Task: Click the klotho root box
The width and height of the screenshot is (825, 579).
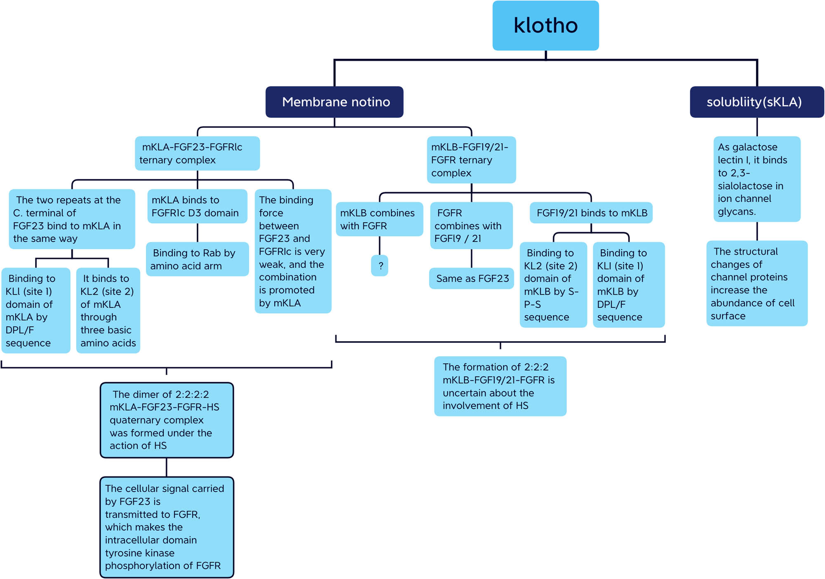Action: point(545,26)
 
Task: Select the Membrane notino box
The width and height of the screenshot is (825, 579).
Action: point(334,102)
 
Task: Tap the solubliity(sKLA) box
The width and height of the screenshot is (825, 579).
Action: point(757,102)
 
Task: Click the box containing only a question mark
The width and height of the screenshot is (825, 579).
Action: point(379,266)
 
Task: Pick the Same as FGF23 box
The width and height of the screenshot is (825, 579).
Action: point(471,279)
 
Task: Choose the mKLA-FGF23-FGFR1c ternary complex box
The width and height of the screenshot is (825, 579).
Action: point(197,153)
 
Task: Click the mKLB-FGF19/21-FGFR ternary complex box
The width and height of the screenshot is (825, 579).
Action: point(471,160)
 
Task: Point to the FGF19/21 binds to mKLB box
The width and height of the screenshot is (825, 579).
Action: point(591,213)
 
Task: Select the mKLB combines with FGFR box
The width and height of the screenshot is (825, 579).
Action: point(379,219)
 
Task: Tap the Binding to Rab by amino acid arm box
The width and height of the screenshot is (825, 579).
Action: point(197,259)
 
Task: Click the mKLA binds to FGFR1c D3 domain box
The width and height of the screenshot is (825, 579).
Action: point(197,206)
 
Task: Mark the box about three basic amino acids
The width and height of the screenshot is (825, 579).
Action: point(108,310)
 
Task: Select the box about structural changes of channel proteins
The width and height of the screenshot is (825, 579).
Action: point(757,284)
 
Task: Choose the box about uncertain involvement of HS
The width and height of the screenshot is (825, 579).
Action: point(500,386)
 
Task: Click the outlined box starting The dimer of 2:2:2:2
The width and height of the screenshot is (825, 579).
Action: point(167,420)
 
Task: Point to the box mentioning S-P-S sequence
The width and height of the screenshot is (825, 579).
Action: point(553,285)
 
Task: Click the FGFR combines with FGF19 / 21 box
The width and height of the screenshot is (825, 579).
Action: point(471,225)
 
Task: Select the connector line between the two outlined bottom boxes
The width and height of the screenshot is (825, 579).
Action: point(167,467)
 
